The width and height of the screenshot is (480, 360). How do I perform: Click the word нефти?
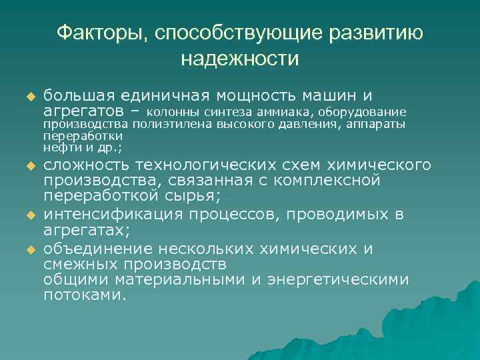click(57, 147)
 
